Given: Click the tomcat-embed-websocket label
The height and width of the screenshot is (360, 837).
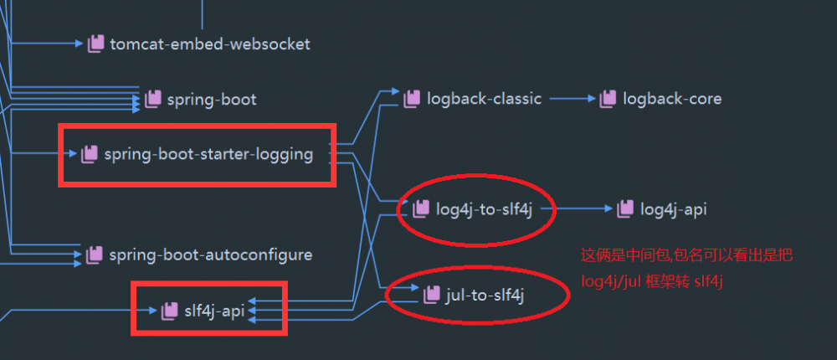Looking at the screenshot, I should [x=209, y=44].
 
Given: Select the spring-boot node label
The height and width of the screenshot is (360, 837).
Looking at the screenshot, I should [x=212, y=100].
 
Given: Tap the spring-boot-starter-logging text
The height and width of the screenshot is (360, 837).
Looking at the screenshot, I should [x=208, y=154].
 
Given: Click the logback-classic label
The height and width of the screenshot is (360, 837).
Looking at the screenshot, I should [x=484, y=99].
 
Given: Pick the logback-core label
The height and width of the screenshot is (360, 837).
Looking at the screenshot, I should [x=671, y=99].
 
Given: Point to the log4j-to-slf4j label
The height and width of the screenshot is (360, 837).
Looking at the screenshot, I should [x=485, y=209].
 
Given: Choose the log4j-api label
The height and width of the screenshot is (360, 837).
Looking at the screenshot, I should [x=673, y=209].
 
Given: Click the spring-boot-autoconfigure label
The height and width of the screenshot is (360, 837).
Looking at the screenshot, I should [x=210, y=255].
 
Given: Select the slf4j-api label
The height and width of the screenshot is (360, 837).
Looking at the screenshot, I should [x=213, y=311].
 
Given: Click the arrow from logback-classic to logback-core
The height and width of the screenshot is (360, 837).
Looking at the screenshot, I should [x=571, y=99].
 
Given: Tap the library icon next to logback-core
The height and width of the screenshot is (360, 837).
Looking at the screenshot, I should [x=608, y=99].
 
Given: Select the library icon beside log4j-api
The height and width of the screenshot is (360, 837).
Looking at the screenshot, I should [x=625, y=209].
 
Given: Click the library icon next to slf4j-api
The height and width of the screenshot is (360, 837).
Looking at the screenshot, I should [x=170, y=311].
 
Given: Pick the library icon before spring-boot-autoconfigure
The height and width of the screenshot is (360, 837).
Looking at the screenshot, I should [x=95, y=255].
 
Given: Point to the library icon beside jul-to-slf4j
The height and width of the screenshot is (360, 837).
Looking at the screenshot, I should [x=432, y=295].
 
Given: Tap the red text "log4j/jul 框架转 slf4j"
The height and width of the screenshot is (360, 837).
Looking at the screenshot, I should [x=652, y=282].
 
